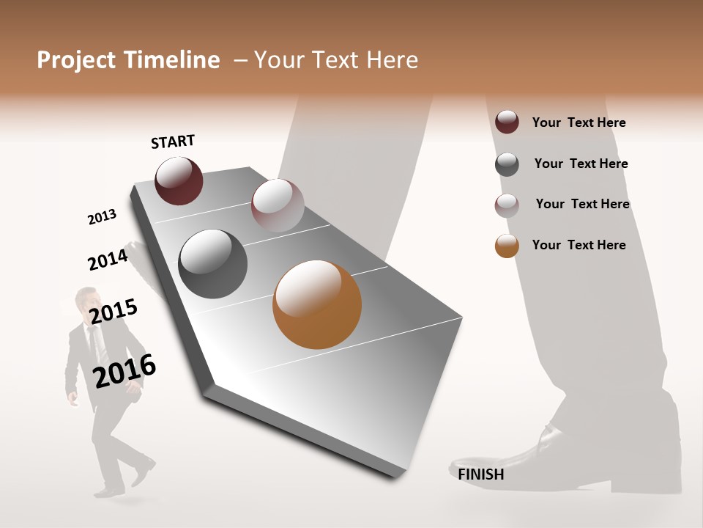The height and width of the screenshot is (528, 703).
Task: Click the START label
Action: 173,142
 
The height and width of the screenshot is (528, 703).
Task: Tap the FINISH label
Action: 481,474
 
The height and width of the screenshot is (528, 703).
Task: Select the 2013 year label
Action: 102,217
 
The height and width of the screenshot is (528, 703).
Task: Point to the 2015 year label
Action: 114,312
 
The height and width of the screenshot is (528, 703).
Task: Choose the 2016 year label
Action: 125,371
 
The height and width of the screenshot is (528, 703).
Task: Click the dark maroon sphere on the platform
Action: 179,181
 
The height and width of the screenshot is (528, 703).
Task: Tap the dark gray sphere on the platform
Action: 213,264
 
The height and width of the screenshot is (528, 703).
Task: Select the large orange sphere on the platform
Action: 317,304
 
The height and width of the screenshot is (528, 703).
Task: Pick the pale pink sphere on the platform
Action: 278,205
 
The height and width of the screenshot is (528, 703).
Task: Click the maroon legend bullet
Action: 507,122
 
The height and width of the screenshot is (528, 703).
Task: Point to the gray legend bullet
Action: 507,164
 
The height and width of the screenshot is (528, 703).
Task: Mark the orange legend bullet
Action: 507,246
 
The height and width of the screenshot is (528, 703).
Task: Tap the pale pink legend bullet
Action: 507,205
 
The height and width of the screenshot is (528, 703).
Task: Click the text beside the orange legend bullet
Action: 579,245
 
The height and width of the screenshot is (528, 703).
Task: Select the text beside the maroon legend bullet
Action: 579,122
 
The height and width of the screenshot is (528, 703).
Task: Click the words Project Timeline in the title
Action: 128,60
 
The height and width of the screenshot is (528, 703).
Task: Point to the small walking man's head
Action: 88,301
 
